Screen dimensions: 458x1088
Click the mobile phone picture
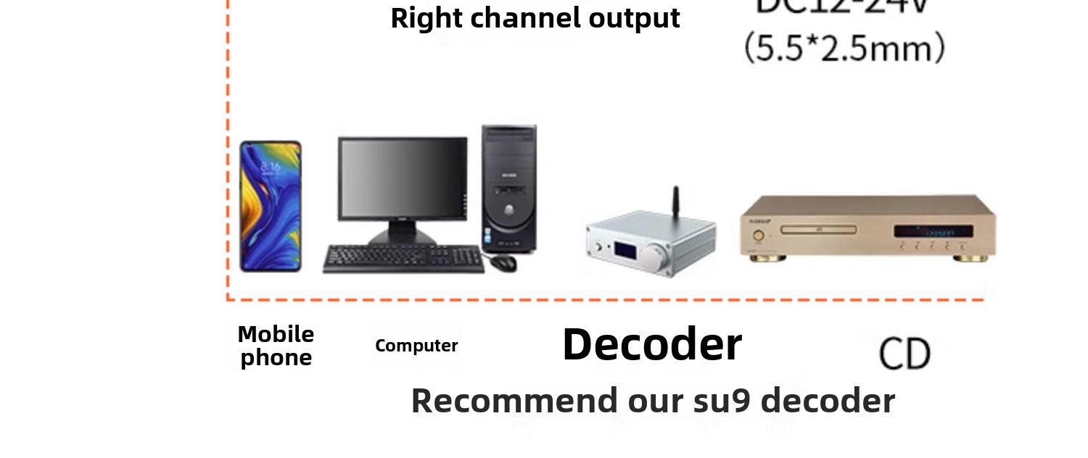271,207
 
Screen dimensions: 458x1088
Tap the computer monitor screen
403,178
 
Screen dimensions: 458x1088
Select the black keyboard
403,259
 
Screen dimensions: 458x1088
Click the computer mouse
503,262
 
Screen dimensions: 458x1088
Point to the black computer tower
509,188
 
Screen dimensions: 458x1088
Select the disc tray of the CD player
818,230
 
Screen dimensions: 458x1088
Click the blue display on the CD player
933,232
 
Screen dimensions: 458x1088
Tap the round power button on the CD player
759,235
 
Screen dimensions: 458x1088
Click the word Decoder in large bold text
651,344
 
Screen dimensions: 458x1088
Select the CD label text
904,354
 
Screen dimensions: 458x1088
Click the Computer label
416,346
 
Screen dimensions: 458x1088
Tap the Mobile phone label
276,346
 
